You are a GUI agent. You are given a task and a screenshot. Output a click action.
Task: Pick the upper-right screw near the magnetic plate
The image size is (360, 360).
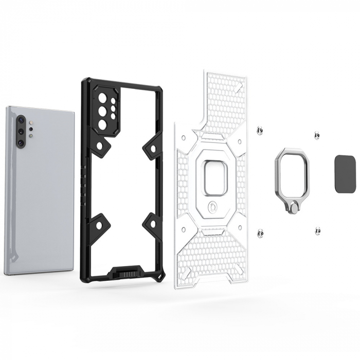pos(317,135)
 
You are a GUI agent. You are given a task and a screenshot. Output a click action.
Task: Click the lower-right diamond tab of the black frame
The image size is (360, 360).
pos(152,223)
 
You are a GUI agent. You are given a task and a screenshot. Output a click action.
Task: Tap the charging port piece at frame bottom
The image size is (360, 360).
pos(125,271)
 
